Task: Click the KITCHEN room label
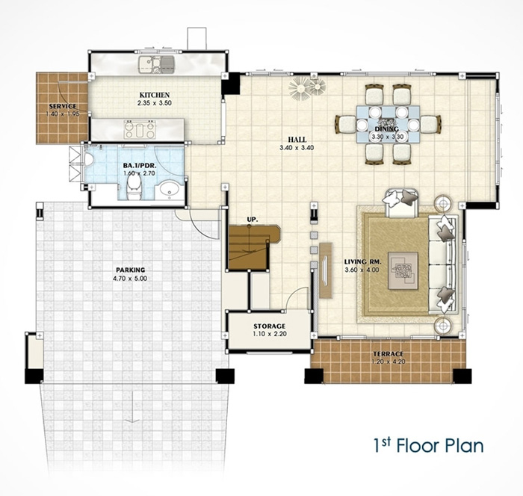[x=155, y=95]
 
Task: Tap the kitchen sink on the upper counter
[x=157, y=65]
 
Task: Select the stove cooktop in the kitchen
[x=140, y=129]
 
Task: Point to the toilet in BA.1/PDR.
[x=134, y=187]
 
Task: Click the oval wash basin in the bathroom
[x=170, y=190]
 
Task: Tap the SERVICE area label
[x=63, y=106]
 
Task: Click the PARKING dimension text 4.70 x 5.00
[x=130, y=278]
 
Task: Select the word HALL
[x=297, y=140]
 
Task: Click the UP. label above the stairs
[x=253, y=220]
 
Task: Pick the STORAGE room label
[x=270, y=326]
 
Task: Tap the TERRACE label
[x=389, y=354]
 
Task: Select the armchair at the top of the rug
[x=401, y=202]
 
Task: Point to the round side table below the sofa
[x=443, y=325]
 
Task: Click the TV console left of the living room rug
[x=326, y=270]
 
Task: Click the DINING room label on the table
[x=386, y=128]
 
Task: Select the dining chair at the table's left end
[x=345, y=124]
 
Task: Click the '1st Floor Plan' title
[x=428, y=446]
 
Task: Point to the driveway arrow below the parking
[x=133, y=407]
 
